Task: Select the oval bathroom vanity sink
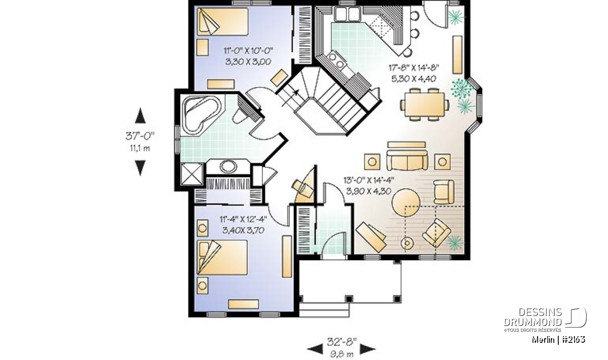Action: (x=229, y=166)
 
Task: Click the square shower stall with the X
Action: (x=192, y=174)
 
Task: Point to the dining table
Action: (x=424, y=104)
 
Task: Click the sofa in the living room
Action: (x=407, y=161)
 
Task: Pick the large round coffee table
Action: (x=406, y=203)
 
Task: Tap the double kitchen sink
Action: (x=347, y=14)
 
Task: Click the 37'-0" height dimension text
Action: (x=140, y=136)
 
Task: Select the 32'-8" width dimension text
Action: (x=341, y=342)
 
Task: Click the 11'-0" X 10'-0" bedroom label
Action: (x=248, y=51)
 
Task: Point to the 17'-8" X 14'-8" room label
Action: (x=414, y=67)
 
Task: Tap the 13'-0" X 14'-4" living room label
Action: (x=369, y=180)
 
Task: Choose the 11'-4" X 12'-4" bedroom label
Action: (x=243, y=219)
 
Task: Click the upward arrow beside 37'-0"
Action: (x=140, y=115)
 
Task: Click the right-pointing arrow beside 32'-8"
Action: (x=368, y=349)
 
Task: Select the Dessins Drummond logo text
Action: (x=533, y=317)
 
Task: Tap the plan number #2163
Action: (x=573, y=340)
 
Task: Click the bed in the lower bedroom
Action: (x=222, y=257)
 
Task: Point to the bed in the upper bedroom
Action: (x=222, y=22)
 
